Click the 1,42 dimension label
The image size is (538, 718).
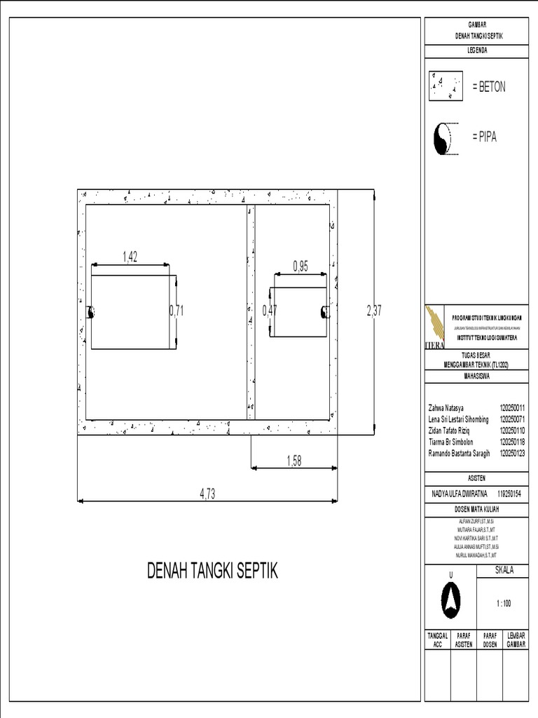point(130,257)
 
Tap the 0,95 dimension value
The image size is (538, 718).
point(301,266)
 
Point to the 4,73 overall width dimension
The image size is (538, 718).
point(207,494)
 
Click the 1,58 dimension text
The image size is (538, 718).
point(294,460)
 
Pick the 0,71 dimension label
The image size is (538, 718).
point(176,311)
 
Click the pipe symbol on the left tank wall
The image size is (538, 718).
point(90,313)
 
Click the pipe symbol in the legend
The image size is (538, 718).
point(443,137)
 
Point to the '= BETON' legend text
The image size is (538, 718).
point(488,87)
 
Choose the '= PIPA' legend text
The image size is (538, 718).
point(484,137)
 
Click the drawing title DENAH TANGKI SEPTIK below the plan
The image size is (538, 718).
point(212,571)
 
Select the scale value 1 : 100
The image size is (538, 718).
point(502,603)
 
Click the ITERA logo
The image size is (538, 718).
point(435,327)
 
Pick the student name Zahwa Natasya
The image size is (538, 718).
point(446,407)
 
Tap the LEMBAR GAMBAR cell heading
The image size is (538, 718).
point(516,639)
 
